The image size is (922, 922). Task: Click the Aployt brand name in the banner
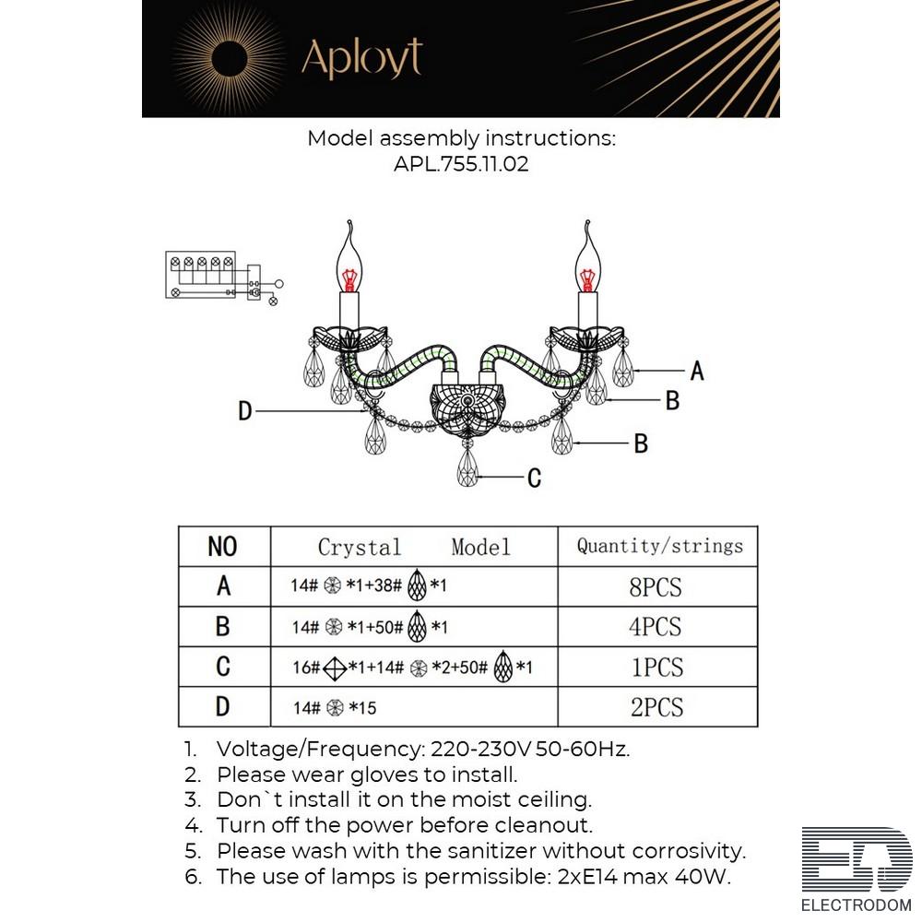click(x=362, y=58)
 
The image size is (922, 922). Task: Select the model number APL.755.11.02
click(x=461, y=163)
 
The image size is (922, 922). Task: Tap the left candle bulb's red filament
click(x=349, y=279)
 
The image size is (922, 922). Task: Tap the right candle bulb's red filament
click(x=586, y=279)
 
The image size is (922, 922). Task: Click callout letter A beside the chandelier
click(x=697, y=371)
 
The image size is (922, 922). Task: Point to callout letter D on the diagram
click(x=245, y=411)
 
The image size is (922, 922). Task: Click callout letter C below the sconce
click(x=534, y=478)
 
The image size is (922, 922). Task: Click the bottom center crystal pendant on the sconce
click(x=468, y=467)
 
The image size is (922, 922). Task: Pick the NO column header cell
click(x=224, y=546)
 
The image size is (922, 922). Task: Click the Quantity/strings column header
click(x=658, y=546)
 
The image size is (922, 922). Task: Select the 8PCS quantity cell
click(x=658, y=586)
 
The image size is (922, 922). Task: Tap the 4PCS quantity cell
click(x=658, y=627)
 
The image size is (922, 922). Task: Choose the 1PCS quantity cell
click(x=658, y=667)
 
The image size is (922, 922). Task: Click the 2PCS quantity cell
click(x=658, y=707)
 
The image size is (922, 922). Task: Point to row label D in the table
click(x=222, y=707)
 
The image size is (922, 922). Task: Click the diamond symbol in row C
click(x=335, y=668)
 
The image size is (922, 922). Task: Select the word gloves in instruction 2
click(x=390, y=775)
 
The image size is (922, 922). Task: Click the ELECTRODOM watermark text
click(x=857, y=905)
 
